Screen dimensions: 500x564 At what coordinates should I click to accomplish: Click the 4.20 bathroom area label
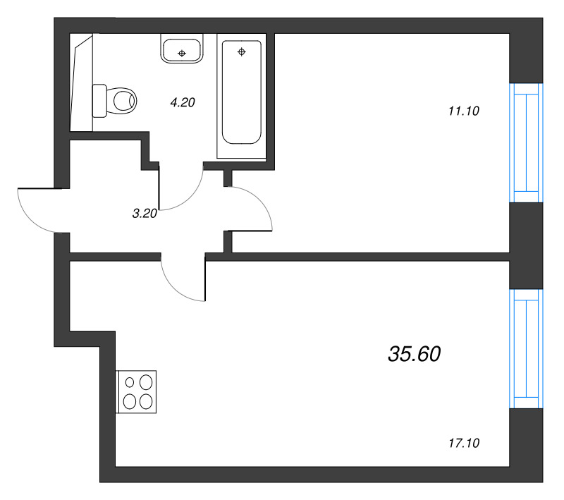[x=182, y=102]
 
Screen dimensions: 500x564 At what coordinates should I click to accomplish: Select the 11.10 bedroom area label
[x=463, y=110]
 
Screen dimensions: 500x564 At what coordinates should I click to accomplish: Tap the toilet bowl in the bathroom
[x=123, y=100]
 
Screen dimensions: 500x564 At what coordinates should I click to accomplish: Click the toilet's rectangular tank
[x=99, y=100]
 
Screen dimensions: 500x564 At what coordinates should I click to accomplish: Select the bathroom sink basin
[x=183, y=51]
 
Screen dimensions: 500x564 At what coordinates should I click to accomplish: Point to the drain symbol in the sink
[x=183, y=53]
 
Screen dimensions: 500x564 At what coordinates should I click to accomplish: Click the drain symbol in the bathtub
[x=242, y=51]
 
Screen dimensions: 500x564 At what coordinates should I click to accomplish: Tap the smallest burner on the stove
[x=130, y=382]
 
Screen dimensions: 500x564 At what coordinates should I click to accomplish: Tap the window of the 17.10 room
[x=526, y=350]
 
